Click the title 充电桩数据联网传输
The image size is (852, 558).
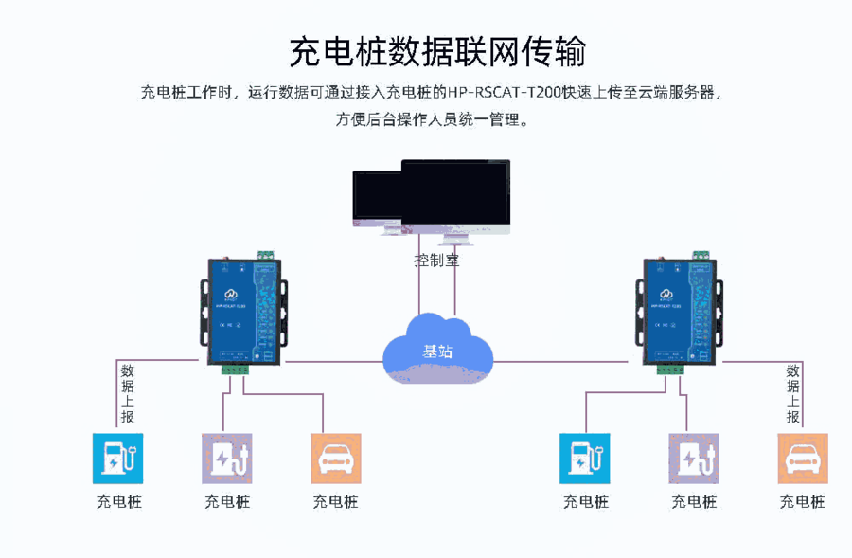(436, 52)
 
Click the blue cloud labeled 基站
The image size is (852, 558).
(437, 347)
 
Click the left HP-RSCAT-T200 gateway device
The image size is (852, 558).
(242, 313)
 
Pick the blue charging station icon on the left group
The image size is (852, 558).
(117, 459)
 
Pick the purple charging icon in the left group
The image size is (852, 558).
(227, 459)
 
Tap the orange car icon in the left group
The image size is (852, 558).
(336, 459)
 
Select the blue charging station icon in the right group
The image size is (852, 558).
(585, 459)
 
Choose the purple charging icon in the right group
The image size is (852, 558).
(694, 459)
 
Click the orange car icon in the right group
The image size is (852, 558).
(803, 459)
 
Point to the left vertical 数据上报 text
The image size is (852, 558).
(128, 394)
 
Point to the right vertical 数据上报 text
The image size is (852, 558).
(793, 394)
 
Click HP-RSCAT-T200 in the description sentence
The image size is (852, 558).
(505, 93)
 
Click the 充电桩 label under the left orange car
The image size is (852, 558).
(336, 502)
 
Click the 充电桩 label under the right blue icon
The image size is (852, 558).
(585, 502)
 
